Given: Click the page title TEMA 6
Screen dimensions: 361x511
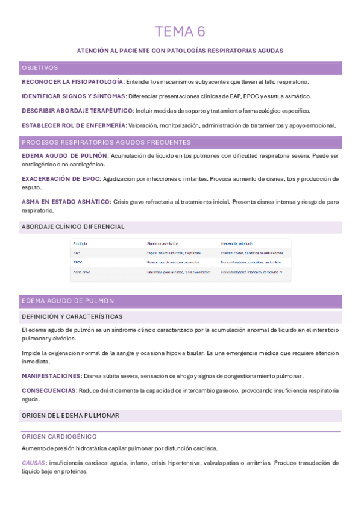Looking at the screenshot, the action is (x=180, y=31).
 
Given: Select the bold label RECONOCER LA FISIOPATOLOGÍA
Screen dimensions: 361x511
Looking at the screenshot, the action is (x=73, y=81).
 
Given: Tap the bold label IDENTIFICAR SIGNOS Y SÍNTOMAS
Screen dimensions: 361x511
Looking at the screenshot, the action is (x=74, y=96).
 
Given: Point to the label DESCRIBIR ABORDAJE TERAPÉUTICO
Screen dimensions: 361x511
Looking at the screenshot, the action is (x=77, y=111).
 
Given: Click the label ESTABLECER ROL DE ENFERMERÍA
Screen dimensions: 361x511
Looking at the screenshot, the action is (x=74, y=125).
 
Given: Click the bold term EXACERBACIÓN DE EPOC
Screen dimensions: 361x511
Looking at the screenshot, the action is (x=60, y=179).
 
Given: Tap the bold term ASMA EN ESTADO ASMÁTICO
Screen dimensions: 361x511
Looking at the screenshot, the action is (x=66, y=201).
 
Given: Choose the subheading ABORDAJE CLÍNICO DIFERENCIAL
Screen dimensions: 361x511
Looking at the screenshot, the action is (x=73, y=227).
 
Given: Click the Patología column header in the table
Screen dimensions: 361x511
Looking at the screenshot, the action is (x=80, y=243).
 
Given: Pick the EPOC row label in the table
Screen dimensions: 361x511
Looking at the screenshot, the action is (x=78, y=263).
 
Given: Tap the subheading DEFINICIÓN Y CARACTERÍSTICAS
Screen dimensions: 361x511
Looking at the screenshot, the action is (x=72, y=316).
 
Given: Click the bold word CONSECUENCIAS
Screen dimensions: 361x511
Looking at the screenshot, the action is (x=49, y=390).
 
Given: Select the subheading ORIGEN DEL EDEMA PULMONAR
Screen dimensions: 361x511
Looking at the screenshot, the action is (x=70, y=415).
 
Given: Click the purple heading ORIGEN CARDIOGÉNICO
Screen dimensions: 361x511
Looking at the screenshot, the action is (x=59, y=436).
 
